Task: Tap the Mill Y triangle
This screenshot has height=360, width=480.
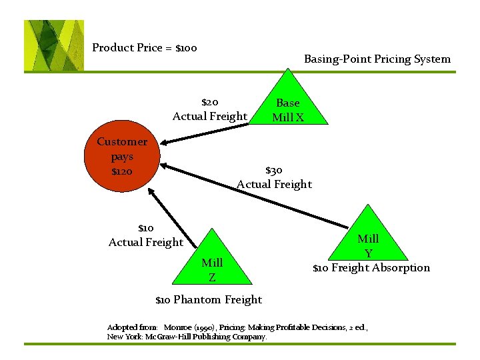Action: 368,240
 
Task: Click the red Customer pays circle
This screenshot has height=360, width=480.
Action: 122,157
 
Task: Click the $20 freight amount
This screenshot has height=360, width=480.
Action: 210,103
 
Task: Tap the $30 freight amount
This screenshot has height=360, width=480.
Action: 274,171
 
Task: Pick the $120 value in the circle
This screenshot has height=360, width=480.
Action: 122,172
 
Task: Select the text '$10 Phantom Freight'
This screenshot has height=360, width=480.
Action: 209,300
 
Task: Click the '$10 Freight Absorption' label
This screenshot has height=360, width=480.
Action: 371,268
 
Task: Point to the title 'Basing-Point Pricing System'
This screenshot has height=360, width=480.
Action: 377,59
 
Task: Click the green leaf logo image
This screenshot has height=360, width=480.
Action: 54,45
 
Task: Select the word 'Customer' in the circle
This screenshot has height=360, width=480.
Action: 122,141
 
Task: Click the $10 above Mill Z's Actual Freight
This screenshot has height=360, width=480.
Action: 145,228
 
